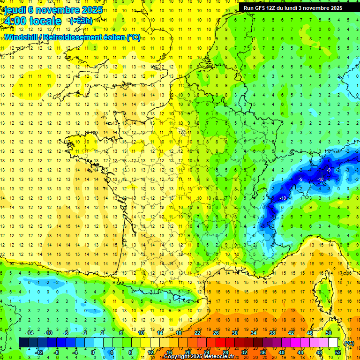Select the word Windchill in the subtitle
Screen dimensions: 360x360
(22, 37)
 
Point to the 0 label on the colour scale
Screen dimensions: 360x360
(93, 352)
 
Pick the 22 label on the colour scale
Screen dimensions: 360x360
(197, 333)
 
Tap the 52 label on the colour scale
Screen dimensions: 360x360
(337, 352)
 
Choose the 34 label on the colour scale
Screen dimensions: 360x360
(254, 333)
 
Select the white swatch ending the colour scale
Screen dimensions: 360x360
(333, 343)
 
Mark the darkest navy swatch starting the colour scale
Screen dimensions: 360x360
(23, 343)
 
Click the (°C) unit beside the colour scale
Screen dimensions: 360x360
(349, 343)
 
